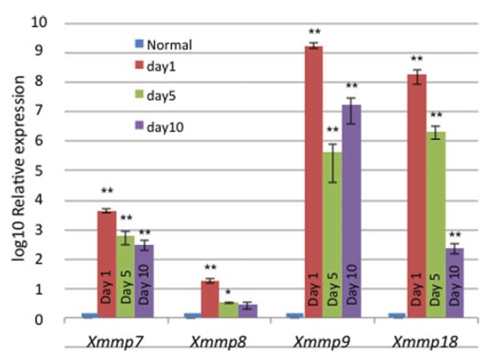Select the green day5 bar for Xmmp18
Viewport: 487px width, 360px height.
(436, 224)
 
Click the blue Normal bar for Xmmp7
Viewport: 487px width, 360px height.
(89, 315)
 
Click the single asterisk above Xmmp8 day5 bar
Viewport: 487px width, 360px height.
(228, 293)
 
